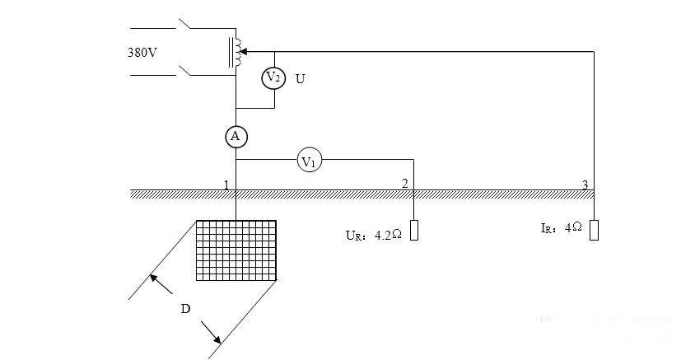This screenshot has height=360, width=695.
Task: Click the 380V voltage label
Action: point(142,53)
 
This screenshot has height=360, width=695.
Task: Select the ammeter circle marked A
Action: point(236,137)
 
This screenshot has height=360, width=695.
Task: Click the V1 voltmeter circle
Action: point(309,160)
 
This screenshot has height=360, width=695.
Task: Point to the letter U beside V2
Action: point(300,79)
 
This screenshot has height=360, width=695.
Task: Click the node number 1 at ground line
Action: point(226,185)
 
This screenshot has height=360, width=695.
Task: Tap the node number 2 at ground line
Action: point(404,184)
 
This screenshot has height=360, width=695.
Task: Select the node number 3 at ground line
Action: point(585,185)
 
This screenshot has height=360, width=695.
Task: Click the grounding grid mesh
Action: point(236,250)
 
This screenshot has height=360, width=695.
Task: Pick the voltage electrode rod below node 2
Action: point(414,231)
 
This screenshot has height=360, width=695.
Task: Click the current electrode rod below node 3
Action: point(594,231)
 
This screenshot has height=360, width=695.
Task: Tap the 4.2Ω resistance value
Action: point(389,236)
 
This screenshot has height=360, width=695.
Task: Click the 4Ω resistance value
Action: point(573,227)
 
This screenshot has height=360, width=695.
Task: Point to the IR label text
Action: point(548,228)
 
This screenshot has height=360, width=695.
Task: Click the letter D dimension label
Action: point(186,309)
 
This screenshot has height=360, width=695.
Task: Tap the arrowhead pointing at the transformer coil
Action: point(244,52)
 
